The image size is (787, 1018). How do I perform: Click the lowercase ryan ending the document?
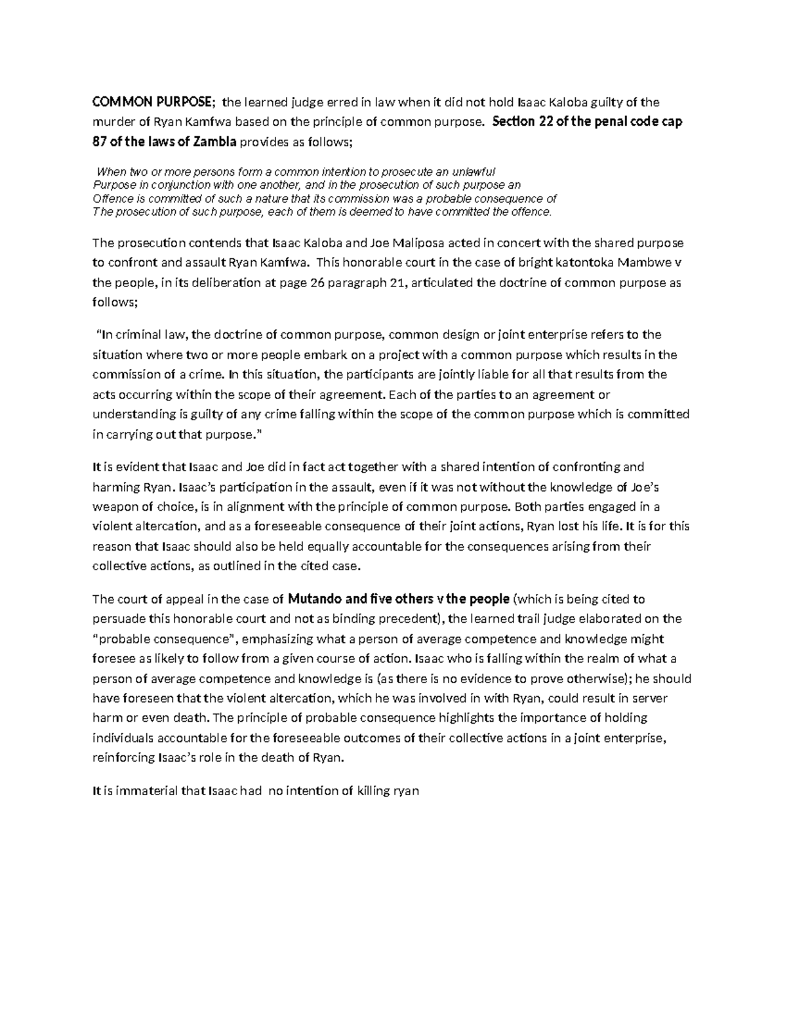pos(405,791)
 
